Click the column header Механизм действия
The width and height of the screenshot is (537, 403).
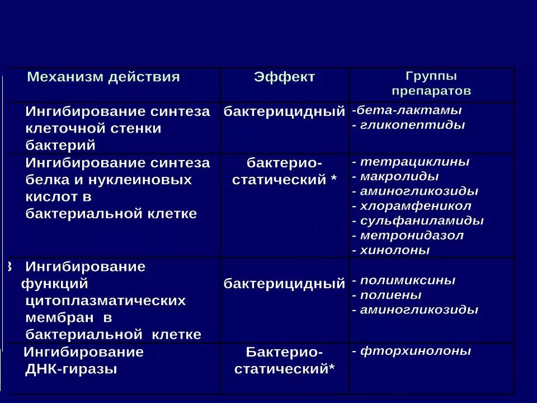coord(103,77)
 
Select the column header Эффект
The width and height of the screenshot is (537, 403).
coord(284,77)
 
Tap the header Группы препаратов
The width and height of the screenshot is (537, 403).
coord(431,83)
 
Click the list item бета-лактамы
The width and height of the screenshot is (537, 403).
coord(409,110)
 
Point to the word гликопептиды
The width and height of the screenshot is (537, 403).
coord(413,125)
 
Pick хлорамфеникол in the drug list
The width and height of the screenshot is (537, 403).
coord(416,206)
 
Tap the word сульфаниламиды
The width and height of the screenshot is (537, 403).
coord(422,221)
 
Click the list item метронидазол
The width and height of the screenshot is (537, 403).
coord(412,235)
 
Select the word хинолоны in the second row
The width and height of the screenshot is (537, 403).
coord(395,250)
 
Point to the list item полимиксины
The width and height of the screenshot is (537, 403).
coord(407,280)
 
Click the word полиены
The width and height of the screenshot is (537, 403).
coord(391,294)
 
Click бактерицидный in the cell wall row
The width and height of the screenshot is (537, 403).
coord(284,111)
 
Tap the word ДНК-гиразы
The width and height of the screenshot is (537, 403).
coord(71,369)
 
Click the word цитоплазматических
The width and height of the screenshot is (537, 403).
coord(106,301)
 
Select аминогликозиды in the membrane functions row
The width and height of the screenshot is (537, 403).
coord(419,309)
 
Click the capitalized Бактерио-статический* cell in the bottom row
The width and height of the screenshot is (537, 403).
coord(284,360)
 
